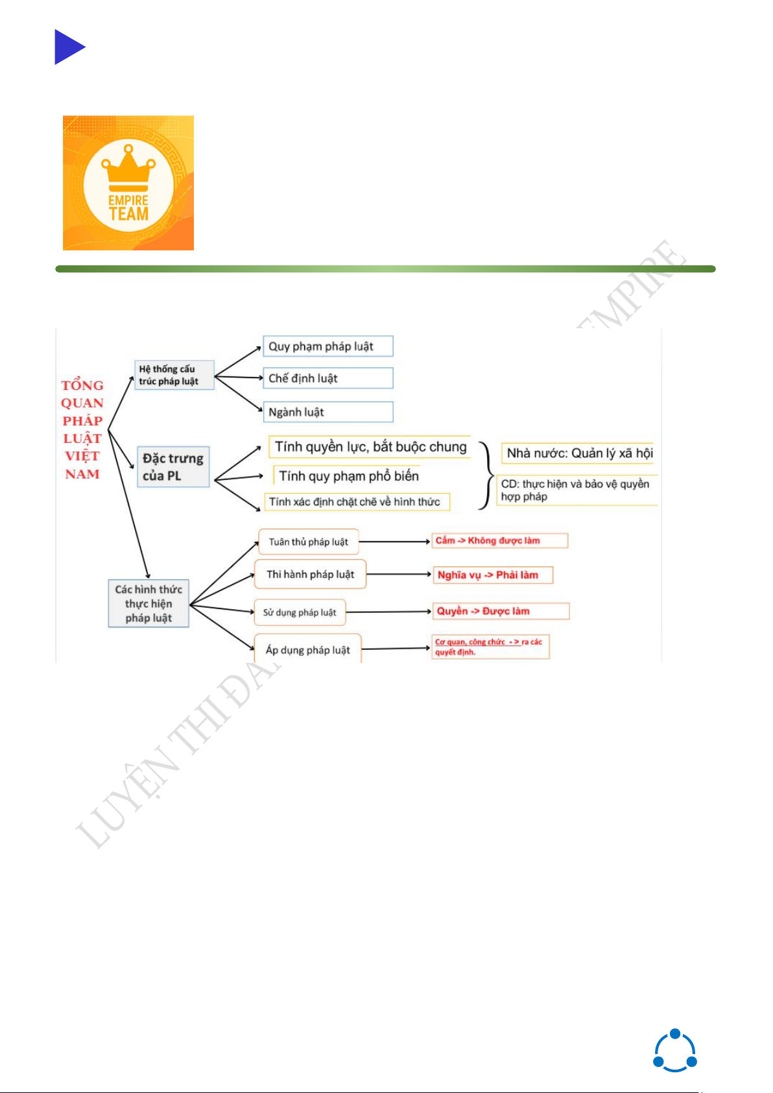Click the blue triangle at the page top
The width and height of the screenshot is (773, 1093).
tap(68, 47)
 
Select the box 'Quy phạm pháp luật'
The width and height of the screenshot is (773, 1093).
tap(327, 346)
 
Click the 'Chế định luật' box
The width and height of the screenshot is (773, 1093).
tap(327, 378)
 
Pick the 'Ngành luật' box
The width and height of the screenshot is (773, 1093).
tap(327, 412)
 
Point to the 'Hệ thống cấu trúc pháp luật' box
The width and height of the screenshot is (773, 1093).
tap(174, 375)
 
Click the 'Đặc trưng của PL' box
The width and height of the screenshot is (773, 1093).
tap(173, 467)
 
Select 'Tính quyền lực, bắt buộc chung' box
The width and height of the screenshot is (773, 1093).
tap(370, 447)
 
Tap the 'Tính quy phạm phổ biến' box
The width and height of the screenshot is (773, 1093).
tap(348, 476)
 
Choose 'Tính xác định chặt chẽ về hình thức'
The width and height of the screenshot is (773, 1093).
tap(357, 501)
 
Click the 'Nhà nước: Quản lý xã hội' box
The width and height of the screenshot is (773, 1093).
tap(578, 453)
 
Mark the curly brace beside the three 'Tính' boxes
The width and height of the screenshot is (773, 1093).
tap(486, 475)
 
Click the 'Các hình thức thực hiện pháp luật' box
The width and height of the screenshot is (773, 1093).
tap(149, 603)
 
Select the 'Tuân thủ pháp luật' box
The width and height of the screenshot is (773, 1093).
tap(309, 542)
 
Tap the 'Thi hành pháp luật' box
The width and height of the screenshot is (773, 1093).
tap(310, 574)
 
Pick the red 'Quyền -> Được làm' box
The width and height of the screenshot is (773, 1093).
tap(501, 611)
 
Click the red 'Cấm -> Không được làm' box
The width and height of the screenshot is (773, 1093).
tap(499, 540)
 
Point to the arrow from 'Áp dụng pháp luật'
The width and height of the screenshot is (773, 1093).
tap(396, 648)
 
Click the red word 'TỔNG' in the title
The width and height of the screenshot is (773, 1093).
tap(82, 385)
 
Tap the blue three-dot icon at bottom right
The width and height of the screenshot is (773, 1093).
tap(674, 1051)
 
